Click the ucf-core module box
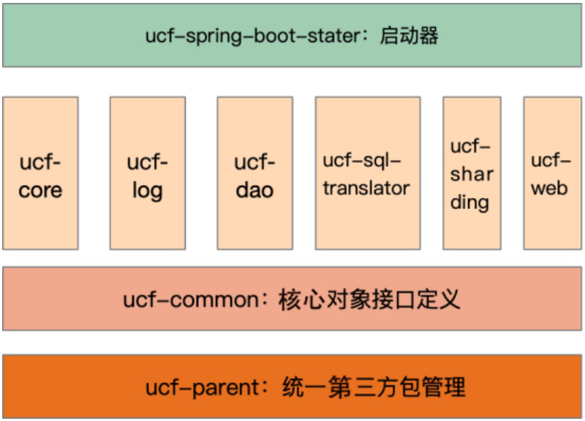[x=40, y=173]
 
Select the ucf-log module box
[x=148, y=173]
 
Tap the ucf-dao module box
[x=254, y=173]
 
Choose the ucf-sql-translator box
[x=368, y=173]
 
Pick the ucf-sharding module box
[x=472, y=173]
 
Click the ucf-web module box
[x=553, y=173]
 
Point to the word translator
[x=366, y=188]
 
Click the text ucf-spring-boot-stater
[x=253, y=37]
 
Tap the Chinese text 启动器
[x=409, y=36]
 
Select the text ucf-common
[x=191, y=300]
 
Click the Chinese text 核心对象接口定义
[x=369, y=299]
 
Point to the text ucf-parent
[x=203, y=388]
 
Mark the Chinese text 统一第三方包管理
[x=374, y=387]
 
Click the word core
[x=40, y=191]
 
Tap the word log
[x=148, y=191]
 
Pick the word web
[x=550, y=188]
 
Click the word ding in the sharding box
[x=469, y=202]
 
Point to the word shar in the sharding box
[x=472, y=174]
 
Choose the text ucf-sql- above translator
[x=362, y=161]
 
